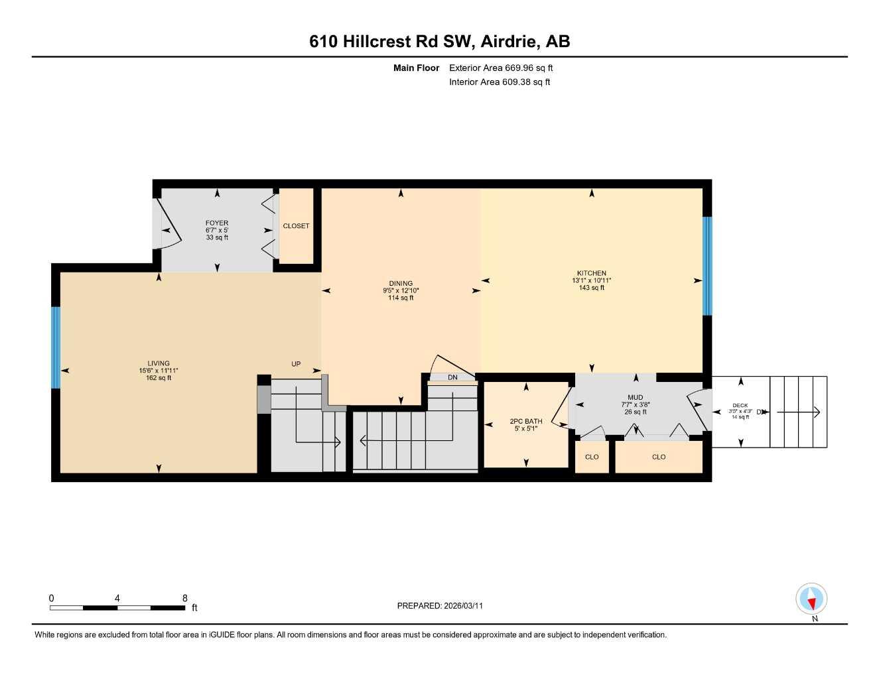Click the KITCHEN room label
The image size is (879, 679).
[x=591, y=273]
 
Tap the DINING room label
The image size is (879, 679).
[x=401, y=283]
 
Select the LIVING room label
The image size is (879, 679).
[x=159, y=363]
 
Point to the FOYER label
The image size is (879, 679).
[x=217, y=223]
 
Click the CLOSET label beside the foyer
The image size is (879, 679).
[x=296, y=226]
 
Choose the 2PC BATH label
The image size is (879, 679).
[x=526, y=421]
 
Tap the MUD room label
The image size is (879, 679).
[x=635, y=397]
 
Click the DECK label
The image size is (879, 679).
[x=740, y=405]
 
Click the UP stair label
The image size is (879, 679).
[x=296, y=364]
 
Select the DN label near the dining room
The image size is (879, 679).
[x=452, y=377]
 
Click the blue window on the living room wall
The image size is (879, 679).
[x=56, y=347]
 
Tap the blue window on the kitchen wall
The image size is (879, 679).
[x=707, y=266]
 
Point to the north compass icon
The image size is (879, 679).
[x=811, y=599]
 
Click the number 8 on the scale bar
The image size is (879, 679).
[x=184, y=597]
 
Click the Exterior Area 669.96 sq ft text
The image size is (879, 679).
[x=501, y=68]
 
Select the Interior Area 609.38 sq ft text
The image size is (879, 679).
[x=500, y=82]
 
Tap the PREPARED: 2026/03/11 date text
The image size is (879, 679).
[x=440, y=605]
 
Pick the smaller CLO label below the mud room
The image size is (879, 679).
[x=592, y=457]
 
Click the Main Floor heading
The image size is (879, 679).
[x=416, y=68]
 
